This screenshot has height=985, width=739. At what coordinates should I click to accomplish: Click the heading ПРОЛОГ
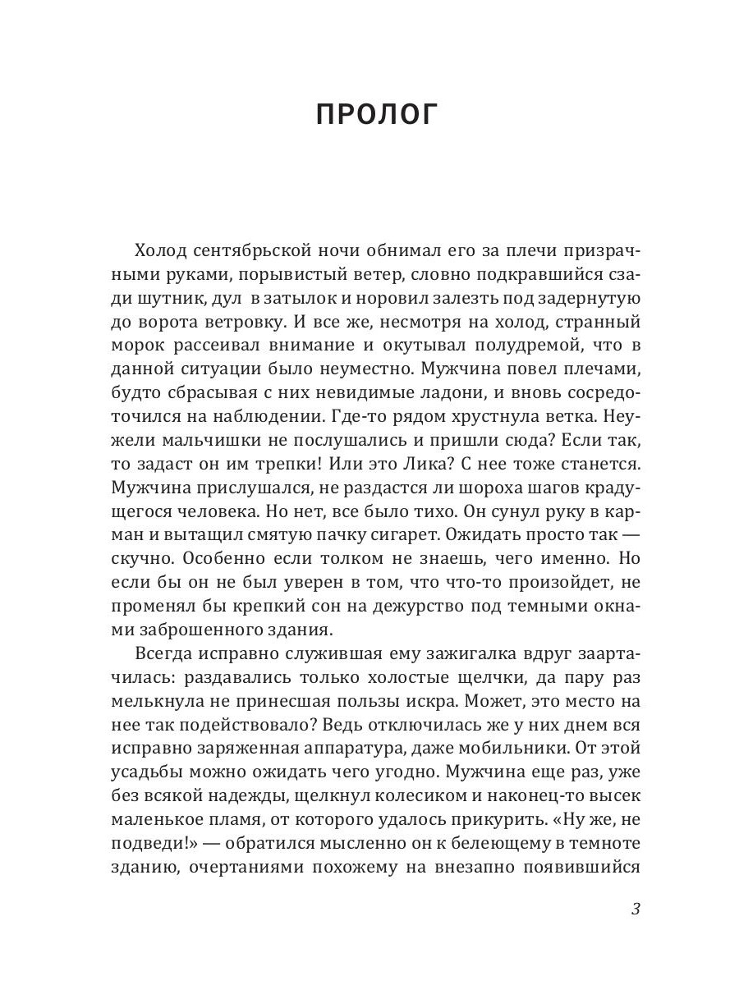pos(377,115)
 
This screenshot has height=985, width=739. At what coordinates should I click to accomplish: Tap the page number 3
pos(636,909)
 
